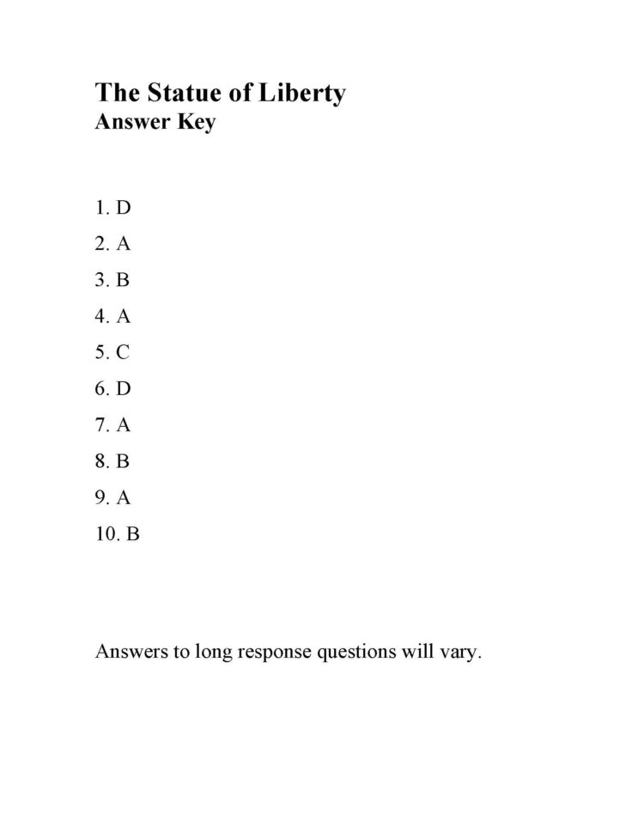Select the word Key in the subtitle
pos(197,122)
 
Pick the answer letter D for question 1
pos(124,207)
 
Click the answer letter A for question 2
pos(124,244)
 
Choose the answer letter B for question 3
pos(123,280)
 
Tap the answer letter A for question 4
pos(124,316)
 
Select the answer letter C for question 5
pos(123,352)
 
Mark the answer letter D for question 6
pos(124,389)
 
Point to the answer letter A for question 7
pos(124,425)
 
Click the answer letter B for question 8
pos(123,461)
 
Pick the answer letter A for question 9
pos(124,498)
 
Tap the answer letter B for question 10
pos(132,534)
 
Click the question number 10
pos(106,534)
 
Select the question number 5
pos(100,352)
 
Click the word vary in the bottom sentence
pos(461,652)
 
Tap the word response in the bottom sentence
pos(276,654)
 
